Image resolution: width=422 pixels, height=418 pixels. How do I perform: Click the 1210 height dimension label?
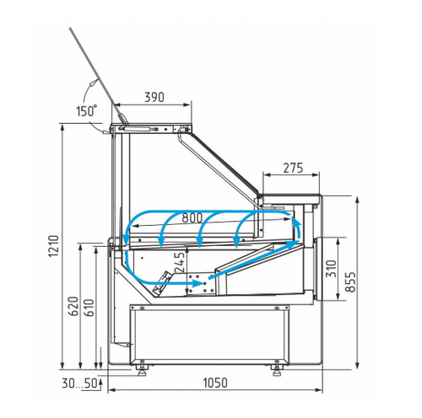click(x=54, y=246)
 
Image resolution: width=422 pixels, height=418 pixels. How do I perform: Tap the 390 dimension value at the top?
click(x=154, y=97)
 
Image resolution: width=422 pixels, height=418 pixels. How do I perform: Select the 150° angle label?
click(x=87, y=110)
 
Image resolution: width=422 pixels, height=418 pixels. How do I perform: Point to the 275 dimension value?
click(x=293, y=168)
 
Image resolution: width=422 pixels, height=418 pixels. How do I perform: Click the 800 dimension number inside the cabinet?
click(x=192, y=217)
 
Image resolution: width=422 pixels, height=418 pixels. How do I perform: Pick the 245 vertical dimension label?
click(x=180, y=262)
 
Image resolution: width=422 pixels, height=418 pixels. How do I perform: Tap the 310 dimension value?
click(x=331, y=269)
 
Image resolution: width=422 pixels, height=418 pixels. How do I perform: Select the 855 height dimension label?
click(x=350, y=281)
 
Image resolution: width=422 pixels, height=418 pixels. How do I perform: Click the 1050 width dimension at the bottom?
click(x=215, y=383)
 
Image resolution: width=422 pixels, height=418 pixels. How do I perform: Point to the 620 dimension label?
click(x=73, y=306)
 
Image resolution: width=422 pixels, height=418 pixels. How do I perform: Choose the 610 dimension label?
click(x=89, y=308)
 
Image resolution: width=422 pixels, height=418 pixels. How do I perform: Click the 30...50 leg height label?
click(x=79, y=383)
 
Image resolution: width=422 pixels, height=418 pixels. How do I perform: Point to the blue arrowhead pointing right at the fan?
click(x=197, y=283)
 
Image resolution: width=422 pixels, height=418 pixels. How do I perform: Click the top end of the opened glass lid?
click(x=70, y=28)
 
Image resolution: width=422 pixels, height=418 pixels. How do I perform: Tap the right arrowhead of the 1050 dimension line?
click(x=319, y=390)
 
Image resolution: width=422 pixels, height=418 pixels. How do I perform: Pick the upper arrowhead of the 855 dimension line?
click(x=357, y=201)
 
